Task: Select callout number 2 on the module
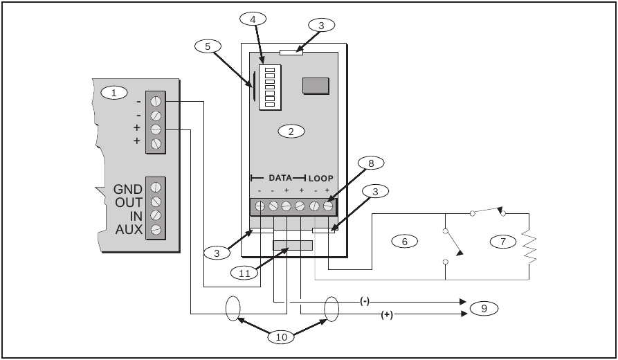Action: pos(291,130)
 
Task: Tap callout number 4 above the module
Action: pos(253,19)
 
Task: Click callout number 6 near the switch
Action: pos(404,241)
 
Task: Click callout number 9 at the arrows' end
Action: pos(484,307)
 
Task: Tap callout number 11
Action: pos(244,273)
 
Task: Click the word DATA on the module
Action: pos(280,178)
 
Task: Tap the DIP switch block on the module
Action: pos(268,89)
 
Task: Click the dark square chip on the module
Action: pos(316,84)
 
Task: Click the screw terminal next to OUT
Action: pos(156,201)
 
